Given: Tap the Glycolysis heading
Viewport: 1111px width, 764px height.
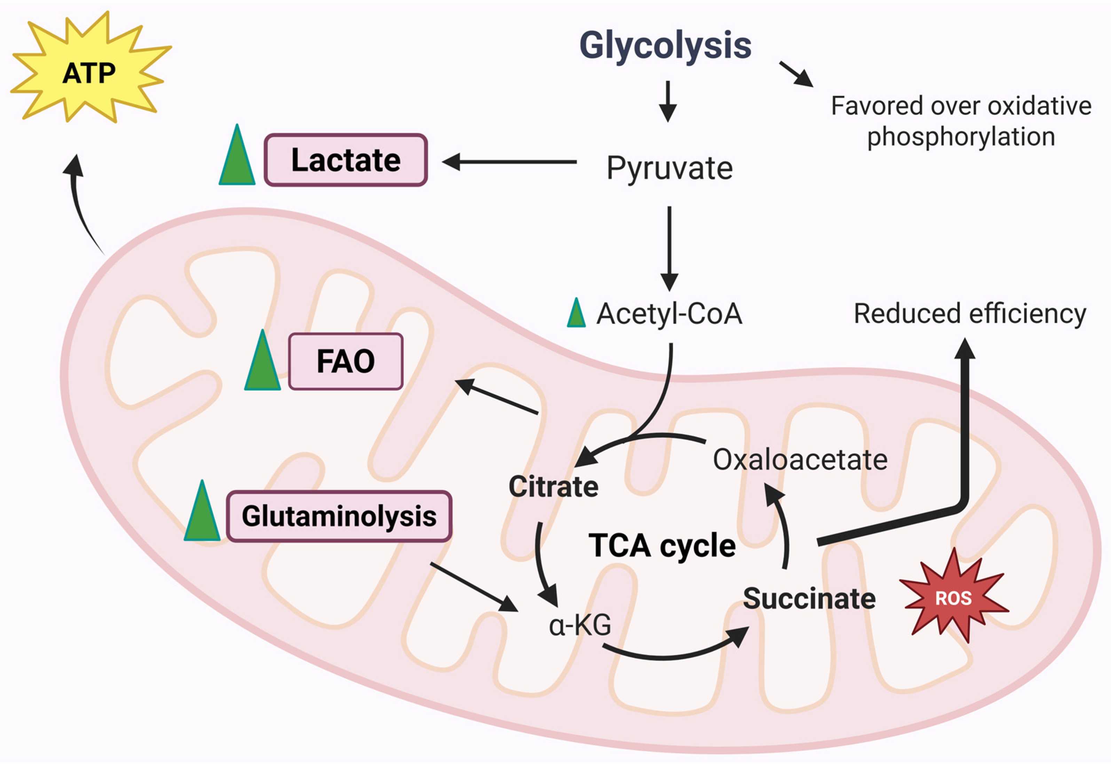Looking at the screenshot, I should tap(665, 46).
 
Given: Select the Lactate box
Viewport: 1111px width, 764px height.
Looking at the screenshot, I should tap(345, 160).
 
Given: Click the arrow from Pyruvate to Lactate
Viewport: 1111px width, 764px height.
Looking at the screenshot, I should tap(510, 162).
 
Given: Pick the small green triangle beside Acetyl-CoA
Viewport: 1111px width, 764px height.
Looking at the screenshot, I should tap(576, 314).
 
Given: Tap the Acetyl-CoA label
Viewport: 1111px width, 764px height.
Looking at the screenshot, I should tap(669, 314).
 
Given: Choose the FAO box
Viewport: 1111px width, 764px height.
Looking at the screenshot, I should tap(345, 361).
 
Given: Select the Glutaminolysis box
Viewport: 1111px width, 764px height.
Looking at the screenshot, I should tap(339, 516).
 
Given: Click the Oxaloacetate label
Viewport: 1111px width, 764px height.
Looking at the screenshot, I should tap(800, 460).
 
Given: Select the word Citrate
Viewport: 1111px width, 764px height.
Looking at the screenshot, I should tap(553, 487).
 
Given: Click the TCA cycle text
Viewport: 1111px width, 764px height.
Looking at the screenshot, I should tap(662, 546).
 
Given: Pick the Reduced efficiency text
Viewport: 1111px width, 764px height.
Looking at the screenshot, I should tap(970, 314).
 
